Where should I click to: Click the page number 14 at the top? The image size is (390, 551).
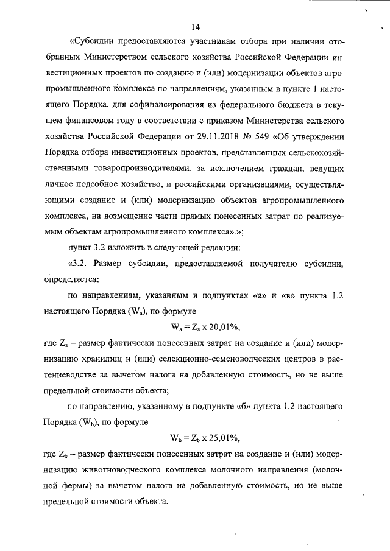(x=195, y=27)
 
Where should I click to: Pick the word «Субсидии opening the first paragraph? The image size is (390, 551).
(x=92, y=41)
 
